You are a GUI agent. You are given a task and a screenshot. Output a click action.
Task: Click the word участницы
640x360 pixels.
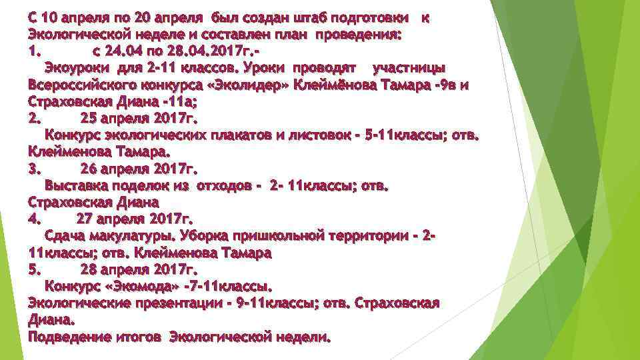click(x=409, y=67)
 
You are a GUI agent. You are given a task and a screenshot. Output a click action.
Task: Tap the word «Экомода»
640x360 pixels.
click(x=143, y=287)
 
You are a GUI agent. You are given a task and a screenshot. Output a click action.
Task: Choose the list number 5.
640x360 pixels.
click(x=35, y=269)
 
